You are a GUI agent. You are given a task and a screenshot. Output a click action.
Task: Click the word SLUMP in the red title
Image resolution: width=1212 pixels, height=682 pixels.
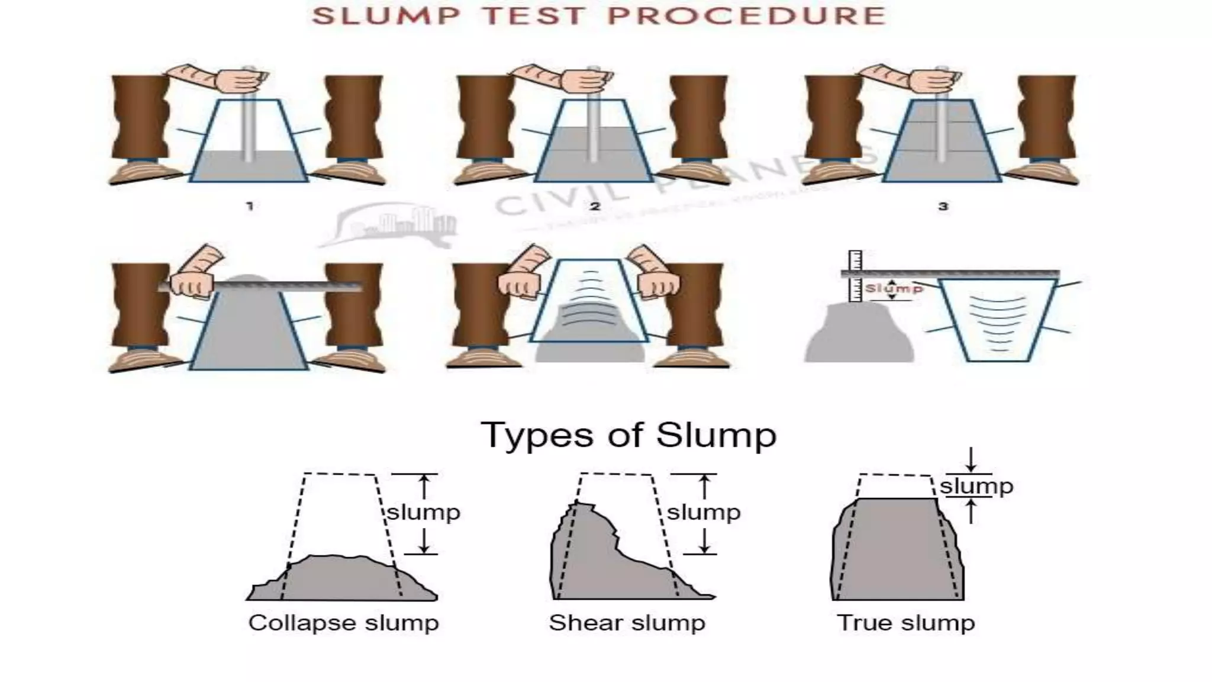[x=385, y=16]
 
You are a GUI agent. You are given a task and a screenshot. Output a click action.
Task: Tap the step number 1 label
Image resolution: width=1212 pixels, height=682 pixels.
[x=250, y=206]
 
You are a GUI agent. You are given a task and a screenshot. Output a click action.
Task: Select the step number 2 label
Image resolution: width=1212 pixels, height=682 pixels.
[x=595, y=206]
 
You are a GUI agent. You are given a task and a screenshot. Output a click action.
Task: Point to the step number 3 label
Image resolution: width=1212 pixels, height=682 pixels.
[x=943, y=206]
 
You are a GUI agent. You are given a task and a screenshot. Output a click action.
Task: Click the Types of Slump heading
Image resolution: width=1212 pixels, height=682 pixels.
[x=628, y=435]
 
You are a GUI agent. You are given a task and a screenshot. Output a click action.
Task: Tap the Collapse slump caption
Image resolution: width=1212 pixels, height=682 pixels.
[x=343, y=623]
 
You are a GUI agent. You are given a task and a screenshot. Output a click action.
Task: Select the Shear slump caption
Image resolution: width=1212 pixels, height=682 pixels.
[x=627, y=623]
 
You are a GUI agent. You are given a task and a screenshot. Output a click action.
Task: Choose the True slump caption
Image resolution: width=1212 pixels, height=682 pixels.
[x=905, y=623]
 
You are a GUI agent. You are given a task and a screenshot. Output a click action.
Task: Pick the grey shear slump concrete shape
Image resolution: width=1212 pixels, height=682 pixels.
[x=598, y=562]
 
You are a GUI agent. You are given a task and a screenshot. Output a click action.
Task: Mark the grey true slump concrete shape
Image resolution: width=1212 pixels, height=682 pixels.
[x=897, y=551]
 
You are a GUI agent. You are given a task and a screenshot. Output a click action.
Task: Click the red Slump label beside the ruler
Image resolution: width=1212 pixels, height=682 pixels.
[x=894, y=289]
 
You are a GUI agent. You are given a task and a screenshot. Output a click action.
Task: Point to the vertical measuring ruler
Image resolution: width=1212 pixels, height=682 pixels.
[x=855, y=276]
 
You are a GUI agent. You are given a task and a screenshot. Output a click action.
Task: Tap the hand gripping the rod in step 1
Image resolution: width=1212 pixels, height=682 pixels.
[x=240, y=82]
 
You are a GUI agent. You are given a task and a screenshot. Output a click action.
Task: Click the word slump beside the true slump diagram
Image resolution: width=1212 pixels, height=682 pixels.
[x=976, y=487]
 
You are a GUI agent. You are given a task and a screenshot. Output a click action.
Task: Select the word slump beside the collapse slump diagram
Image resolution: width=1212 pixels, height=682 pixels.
[x=423, y=513]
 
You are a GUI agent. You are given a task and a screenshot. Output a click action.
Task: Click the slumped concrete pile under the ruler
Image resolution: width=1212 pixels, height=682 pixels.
[x=858, y=334]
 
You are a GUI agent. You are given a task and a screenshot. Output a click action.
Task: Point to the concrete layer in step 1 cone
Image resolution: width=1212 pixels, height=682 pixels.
[x=249, y=167]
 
